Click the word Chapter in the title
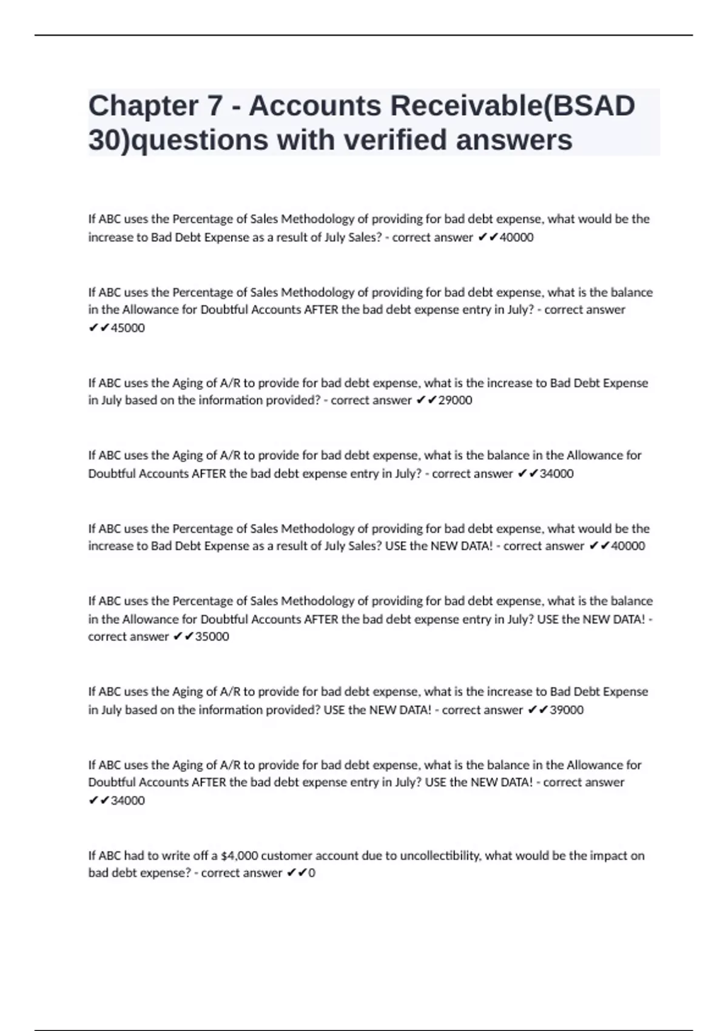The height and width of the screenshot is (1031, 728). pos(143,106)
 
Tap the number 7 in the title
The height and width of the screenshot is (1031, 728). pos(215,106)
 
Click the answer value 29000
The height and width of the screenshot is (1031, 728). pos(455,400)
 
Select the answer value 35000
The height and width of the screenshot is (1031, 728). pos(212,637)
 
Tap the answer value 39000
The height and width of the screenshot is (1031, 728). pos(567,710)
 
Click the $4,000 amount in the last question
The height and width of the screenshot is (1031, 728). pos(240,856)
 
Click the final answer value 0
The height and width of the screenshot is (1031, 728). pos(312,873)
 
